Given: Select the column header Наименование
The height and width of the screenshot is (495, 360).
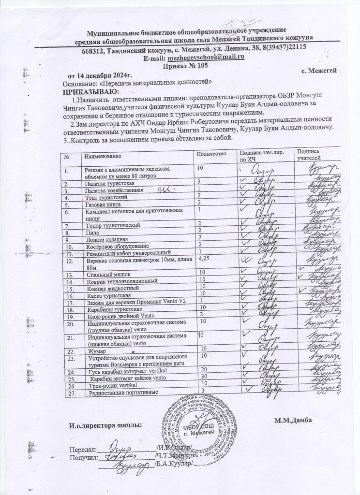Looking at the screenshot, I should click(102, 156).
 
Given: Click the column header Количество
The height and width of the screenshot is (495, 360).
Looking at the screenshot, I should click(210, 153).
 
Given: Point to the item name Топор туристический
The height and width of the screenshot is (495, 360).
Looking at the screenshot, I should click(113, 225).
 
